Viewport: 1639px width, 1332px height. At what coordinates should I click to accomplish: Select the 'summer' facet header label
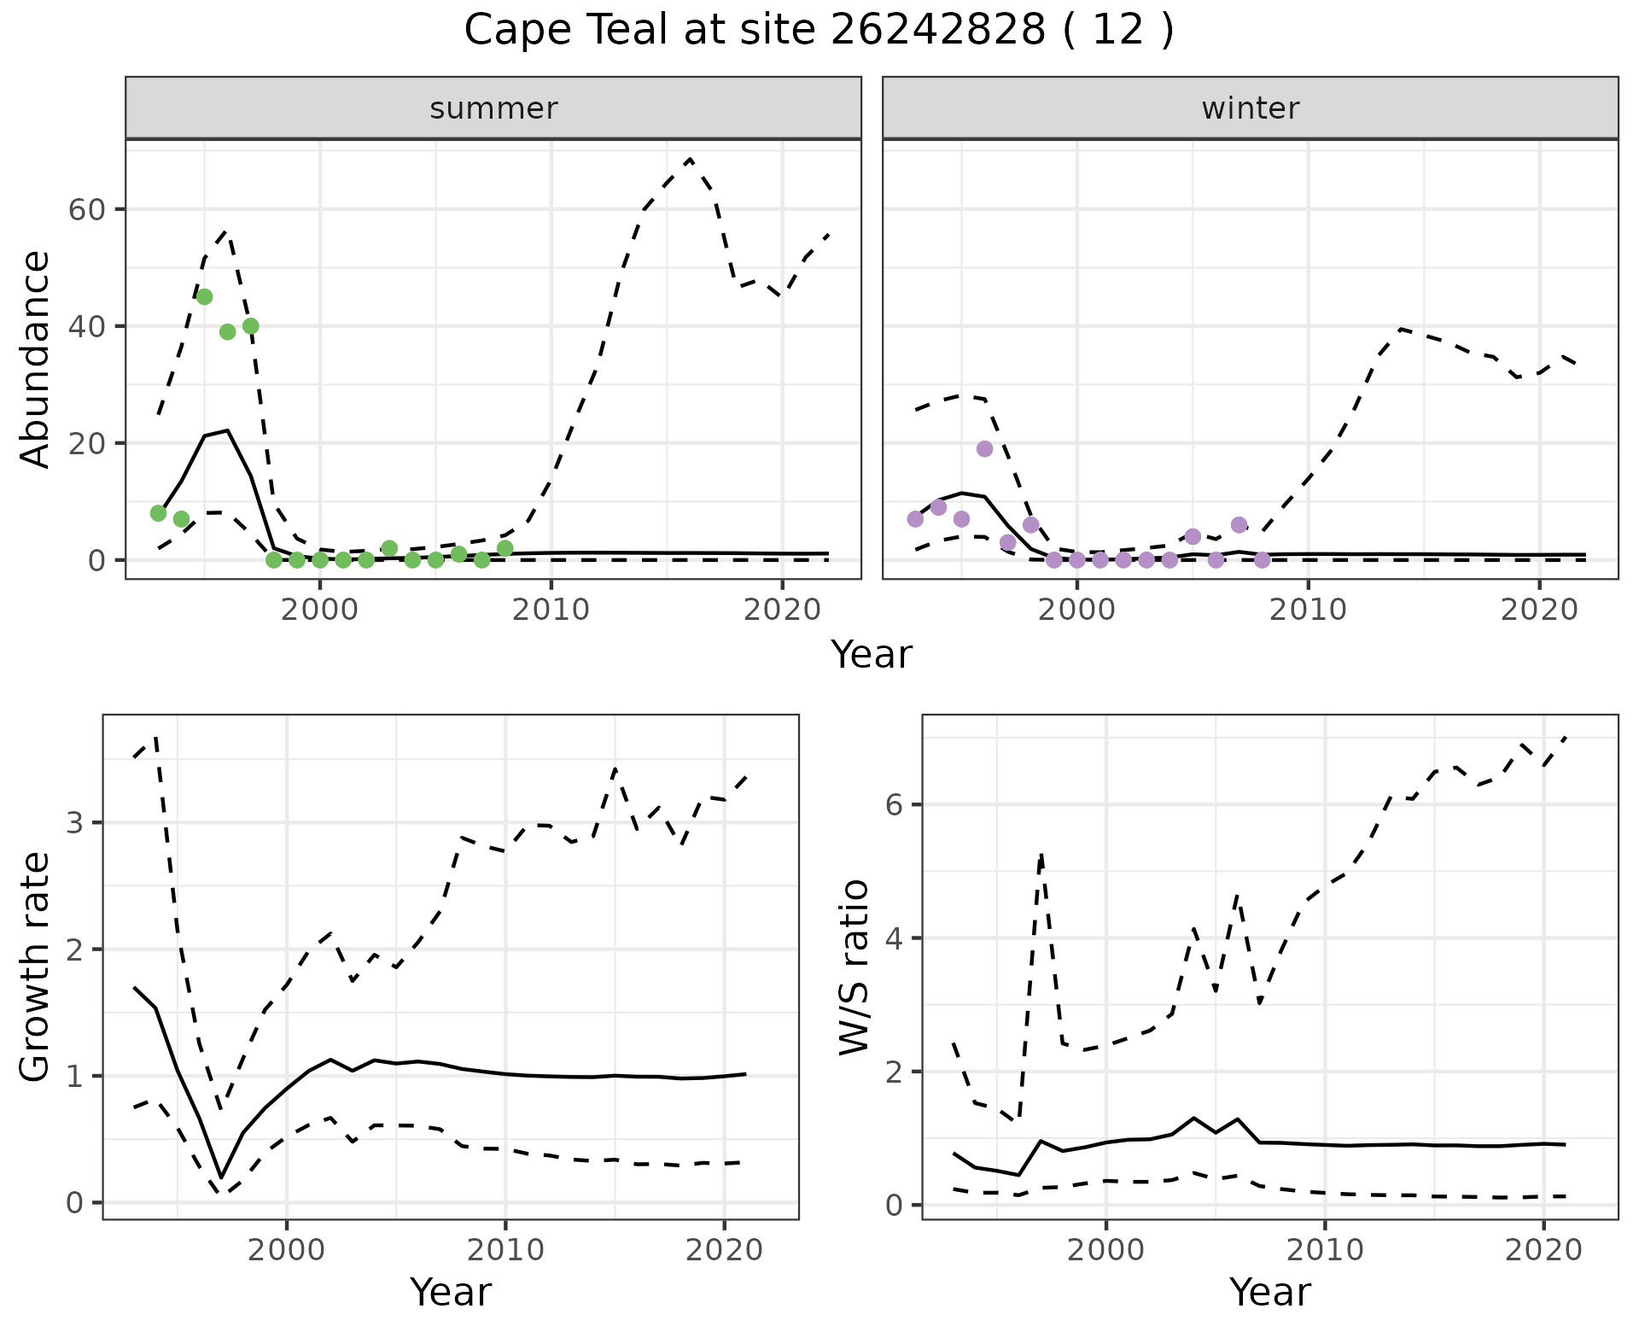(x=493, y=108)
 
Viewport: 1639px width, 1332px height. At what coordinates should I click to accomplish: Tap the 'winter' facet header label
(x=1250, y=108)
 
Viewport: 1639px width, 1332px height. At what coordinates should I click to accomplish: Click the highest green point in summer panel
(x=204, y=296)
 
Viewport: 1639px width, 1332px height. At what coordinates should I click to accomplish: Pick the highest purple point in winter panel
(x=984, y=448)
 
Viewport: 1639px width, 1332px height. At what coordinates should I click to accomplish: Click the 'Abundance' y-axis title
(x=35, y=359)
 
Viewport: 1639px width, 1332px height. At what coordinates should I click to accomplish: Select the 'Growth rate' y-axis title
(x=35, y=967)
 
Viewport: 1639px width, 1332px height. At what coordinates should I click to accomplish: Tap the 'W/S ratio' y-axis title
(x=854, y=967)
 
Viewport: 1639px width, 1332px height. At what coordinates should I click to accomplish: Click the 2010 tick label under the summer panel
(x=551, y=610)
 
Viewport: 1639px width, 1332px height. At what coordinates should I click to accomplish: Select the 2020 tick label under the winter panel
(x=1539, y=610)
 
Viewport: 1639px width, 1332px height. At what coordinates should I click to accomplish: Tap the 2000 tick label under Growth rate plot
(x=287, y=1250)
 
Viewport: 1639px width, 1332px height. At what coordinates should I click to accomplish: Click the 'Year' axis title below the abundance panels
(x=872, y=655)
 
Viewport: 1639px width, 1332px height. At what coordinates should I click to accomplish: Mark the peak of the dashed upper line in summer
(x=690, y=160)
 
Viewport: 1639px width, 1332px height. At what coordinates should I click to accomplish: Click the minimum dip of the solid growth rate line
(x=221, y=1177)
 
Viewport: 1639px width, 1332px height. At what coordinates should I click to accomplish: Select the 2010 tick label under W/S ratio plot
(x=1325, y=1250)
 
